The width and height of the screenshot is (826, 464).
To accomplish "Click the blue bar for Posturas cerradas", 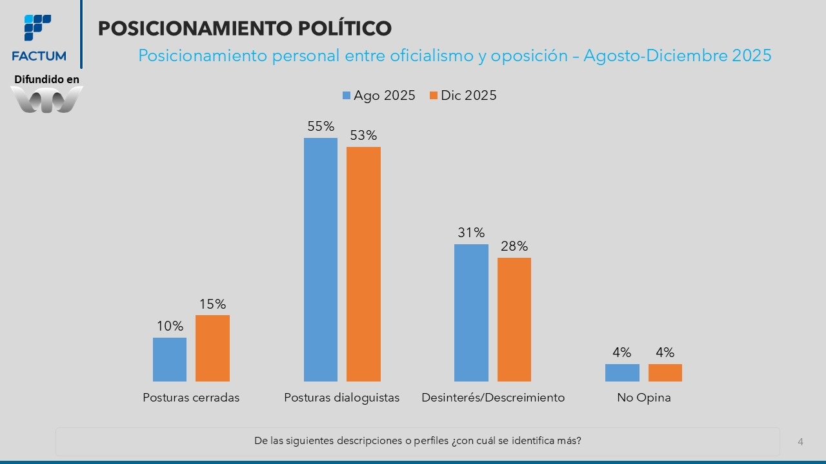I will (x=170, y=360).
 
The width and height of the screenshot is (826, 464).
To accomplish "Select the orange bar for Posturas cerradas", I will (x=212, y=348).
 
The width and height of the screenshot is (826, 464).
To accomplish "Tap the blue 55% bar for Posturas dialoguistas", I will (x=321, y=260).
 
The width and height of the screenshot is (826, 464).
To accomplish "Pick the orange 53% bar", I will (x=363, y=264).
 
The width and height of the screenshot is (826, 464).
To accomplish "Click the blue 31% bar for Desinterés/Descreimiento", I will (x=471, y=313).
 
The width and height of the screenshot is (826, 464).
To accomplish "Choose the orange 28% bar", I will (x=514, y=320).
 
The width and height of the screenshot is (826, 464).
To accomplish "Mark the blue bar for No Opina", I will (x=622, y=372).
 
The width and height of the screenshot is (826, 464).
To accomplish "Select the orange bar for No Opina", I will (x=665, y=372).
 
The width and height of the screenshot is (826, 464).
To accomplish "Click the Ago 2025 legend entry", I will (x=379, y=95).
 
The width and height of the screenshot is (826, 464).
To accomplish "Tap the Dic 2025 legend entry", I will (x=463, y=95).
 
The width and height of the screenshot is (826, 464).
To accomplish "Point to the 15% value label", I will (x=212, y=304).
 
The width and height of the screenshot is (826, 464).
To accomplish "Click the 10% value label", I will (x=170, y=326).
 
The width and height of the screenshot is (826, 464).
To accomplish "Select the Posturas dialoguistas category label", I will (x=342, y=398).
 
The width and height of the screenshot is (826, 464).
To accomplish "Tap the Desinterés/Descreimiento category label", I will (x=493, y=398).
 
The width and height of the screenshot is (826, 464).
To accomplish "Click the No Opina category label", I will (x=644, y=398).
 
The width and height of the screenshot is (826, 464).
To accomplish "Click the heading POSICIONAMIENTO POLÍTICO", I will (x=245, y=28).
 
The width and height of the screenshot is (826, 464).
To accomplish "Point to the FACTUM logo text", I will (x=39, y=56).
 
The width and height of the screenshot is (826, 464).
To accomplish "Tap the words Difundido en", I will (x=46, y=79).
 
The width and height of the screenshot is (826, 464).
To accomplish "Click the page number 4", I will (x=801, y=441).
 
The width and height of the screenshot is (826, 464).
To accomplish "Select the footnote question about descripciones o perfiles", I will (x=418, y=441).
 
